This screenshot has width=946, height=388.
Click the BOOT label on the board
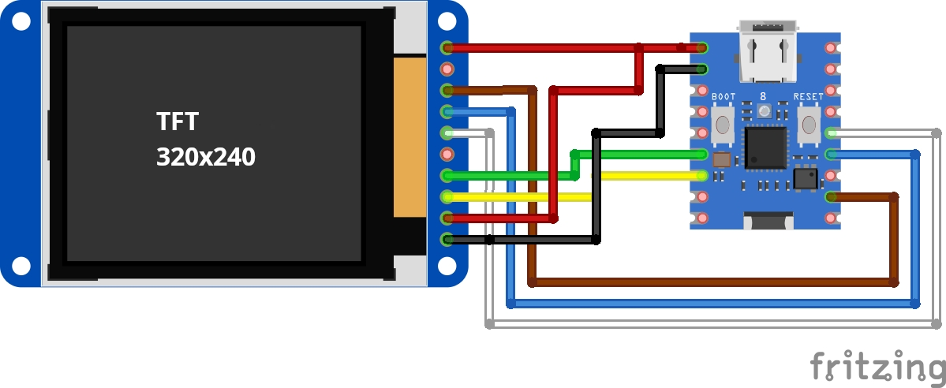(x=723, y=97)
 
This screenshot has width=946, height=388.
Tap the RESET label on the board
(x=808, y=97)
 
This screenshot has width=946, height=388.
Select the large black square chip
(x=766, y=148)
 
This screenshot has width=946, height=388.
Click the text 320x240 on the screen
(x=205, y=158)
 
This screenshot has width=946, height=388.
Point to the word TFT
(x=177, y=122)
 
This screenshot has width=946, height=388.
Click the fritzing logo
(x=877, y=367)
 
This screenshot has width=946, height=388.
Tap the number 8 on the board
(x=763, y=96)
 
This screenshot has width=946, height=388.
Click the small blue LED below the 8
(x=764, y=112)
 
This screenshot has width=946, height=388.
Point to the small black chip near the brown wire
(x=806, y=177)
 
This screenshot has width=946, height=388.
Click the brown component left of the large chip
(x=721, y=160)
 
